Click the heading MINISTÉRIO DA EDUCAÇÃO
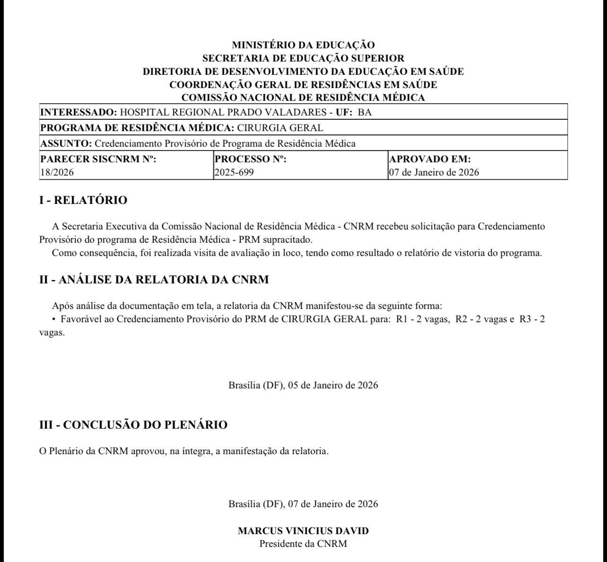pyautogui.click(x=303, y=45)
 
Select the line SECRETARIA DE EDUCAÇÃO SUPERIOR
pyautogui.click(x=303, y=58)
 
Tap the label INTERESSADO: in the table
pyautogui.click(x=78, y=112)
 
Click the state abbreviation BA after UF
pyautogui.click(x=365, y=112)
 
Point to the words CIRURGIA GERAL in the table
pyautogui.click(x=280, y=128)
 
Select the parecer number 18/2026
pyautogui.click(x=57, y=172)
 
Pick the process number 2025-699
pyautogui.click(x=234, y=172)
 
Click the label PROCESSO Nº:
pyautogui.click(x=251, y=159)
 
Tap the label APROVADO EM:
pyautogui.click(x=430, y=159)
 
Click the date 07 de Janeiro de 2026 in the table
pyautogui.click(x=434, y=172)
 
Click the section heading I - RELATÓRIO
pyautogui.click(x=83, y=200)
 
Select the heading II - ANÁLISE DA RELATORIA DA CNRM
pyautogui.click(x=154, y=280)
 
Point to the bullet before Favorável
pyautogui.click(x=54, y=319)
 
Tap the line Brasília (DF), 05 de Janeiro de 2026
pyautogui.click(x=303, y=385)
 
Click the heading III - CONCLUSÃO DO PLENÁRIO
pyautogui.click(x=133, y=425)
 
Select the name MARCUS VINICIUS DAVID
pyautogui.click(x=303, y=531)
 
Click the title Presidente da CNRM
pyautogui.click(x=303, y=544)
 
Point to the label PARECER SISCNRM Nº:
pyautogui.click(x=98, y=159)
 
